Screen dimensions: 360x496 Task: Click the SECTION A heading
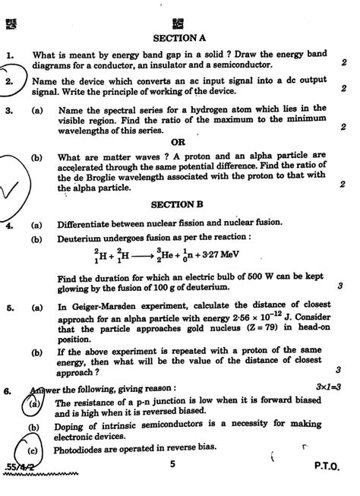[179, 37]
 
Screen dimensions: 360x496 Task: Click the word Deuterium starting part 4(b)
[84, 237]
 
